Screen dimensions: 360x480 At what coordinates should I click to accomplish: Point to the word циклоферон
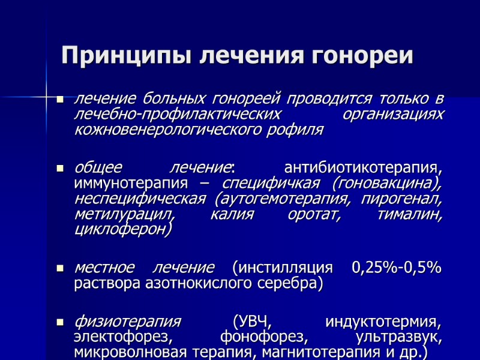click(x=123, y=229)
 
